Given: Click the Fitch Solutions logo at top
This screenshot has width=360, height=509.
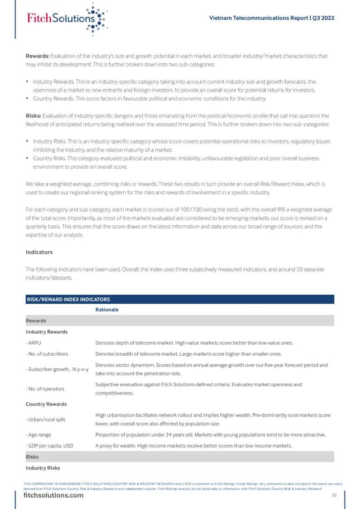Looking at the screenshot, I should tap(66, 19).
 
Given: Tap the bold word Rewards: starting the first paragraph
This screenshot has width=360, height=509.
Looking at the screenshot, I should tap(37, 56).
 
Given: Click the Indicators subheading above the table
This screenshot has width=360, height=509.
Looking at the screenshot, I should tap(39, 252).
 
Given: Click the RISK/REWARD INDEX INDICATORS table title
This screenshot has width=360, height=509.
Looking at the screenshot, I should tap(68, 299).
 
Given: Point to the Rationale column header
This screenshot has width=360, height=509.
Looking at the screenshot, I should tap(107, 310).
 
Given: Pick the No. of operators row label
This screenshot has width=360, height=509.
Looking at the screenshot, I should tap(45, 389).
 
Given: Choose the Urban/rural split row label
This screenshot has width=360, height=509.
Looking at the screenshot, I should tap(45, 419).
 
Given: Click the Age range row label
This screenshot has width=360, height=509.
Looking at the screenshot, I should tap(38, 434).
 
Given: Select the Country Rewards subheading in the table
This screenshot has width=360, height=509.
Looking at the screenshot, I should tap(46, 404).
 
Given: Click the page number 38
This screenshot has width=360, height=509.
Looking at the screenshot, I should tap(334, 495).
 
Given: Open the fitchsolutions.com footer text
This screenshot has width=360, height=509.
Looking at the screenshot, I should tap(53, 496).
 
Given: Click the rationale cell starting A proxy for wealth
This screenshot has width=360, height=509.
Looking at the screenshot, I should tap(194, 446).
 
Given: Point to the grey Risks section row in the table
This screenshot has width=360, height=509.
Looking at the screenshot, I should tap(180, 457).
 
